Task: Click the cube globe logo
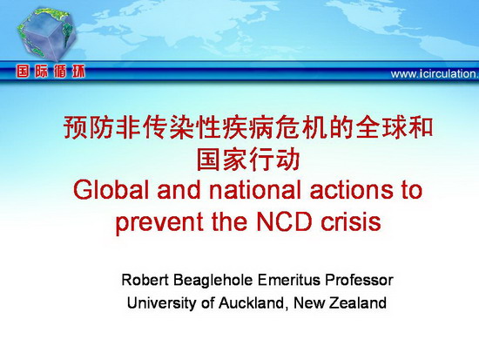click(x=46, y=34)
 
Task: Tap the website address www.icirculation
click(x=435, y=74)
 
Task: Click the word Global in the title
click(x=111, y=190)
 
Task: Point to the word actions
click(x=352, y=190)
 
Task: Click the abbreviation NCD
click(x=284, y=221)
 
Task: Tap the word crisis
click(x=351, y=221)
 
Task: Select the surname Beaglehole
click(x=213, y=281)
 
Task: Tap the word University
click(x=161, y=304)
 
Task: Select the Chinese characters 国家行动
click(x=247, y=160)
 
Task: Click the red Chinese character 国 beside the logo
click(x=23, y=71)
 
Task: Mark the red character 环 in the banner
click(x=78, y=71)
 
